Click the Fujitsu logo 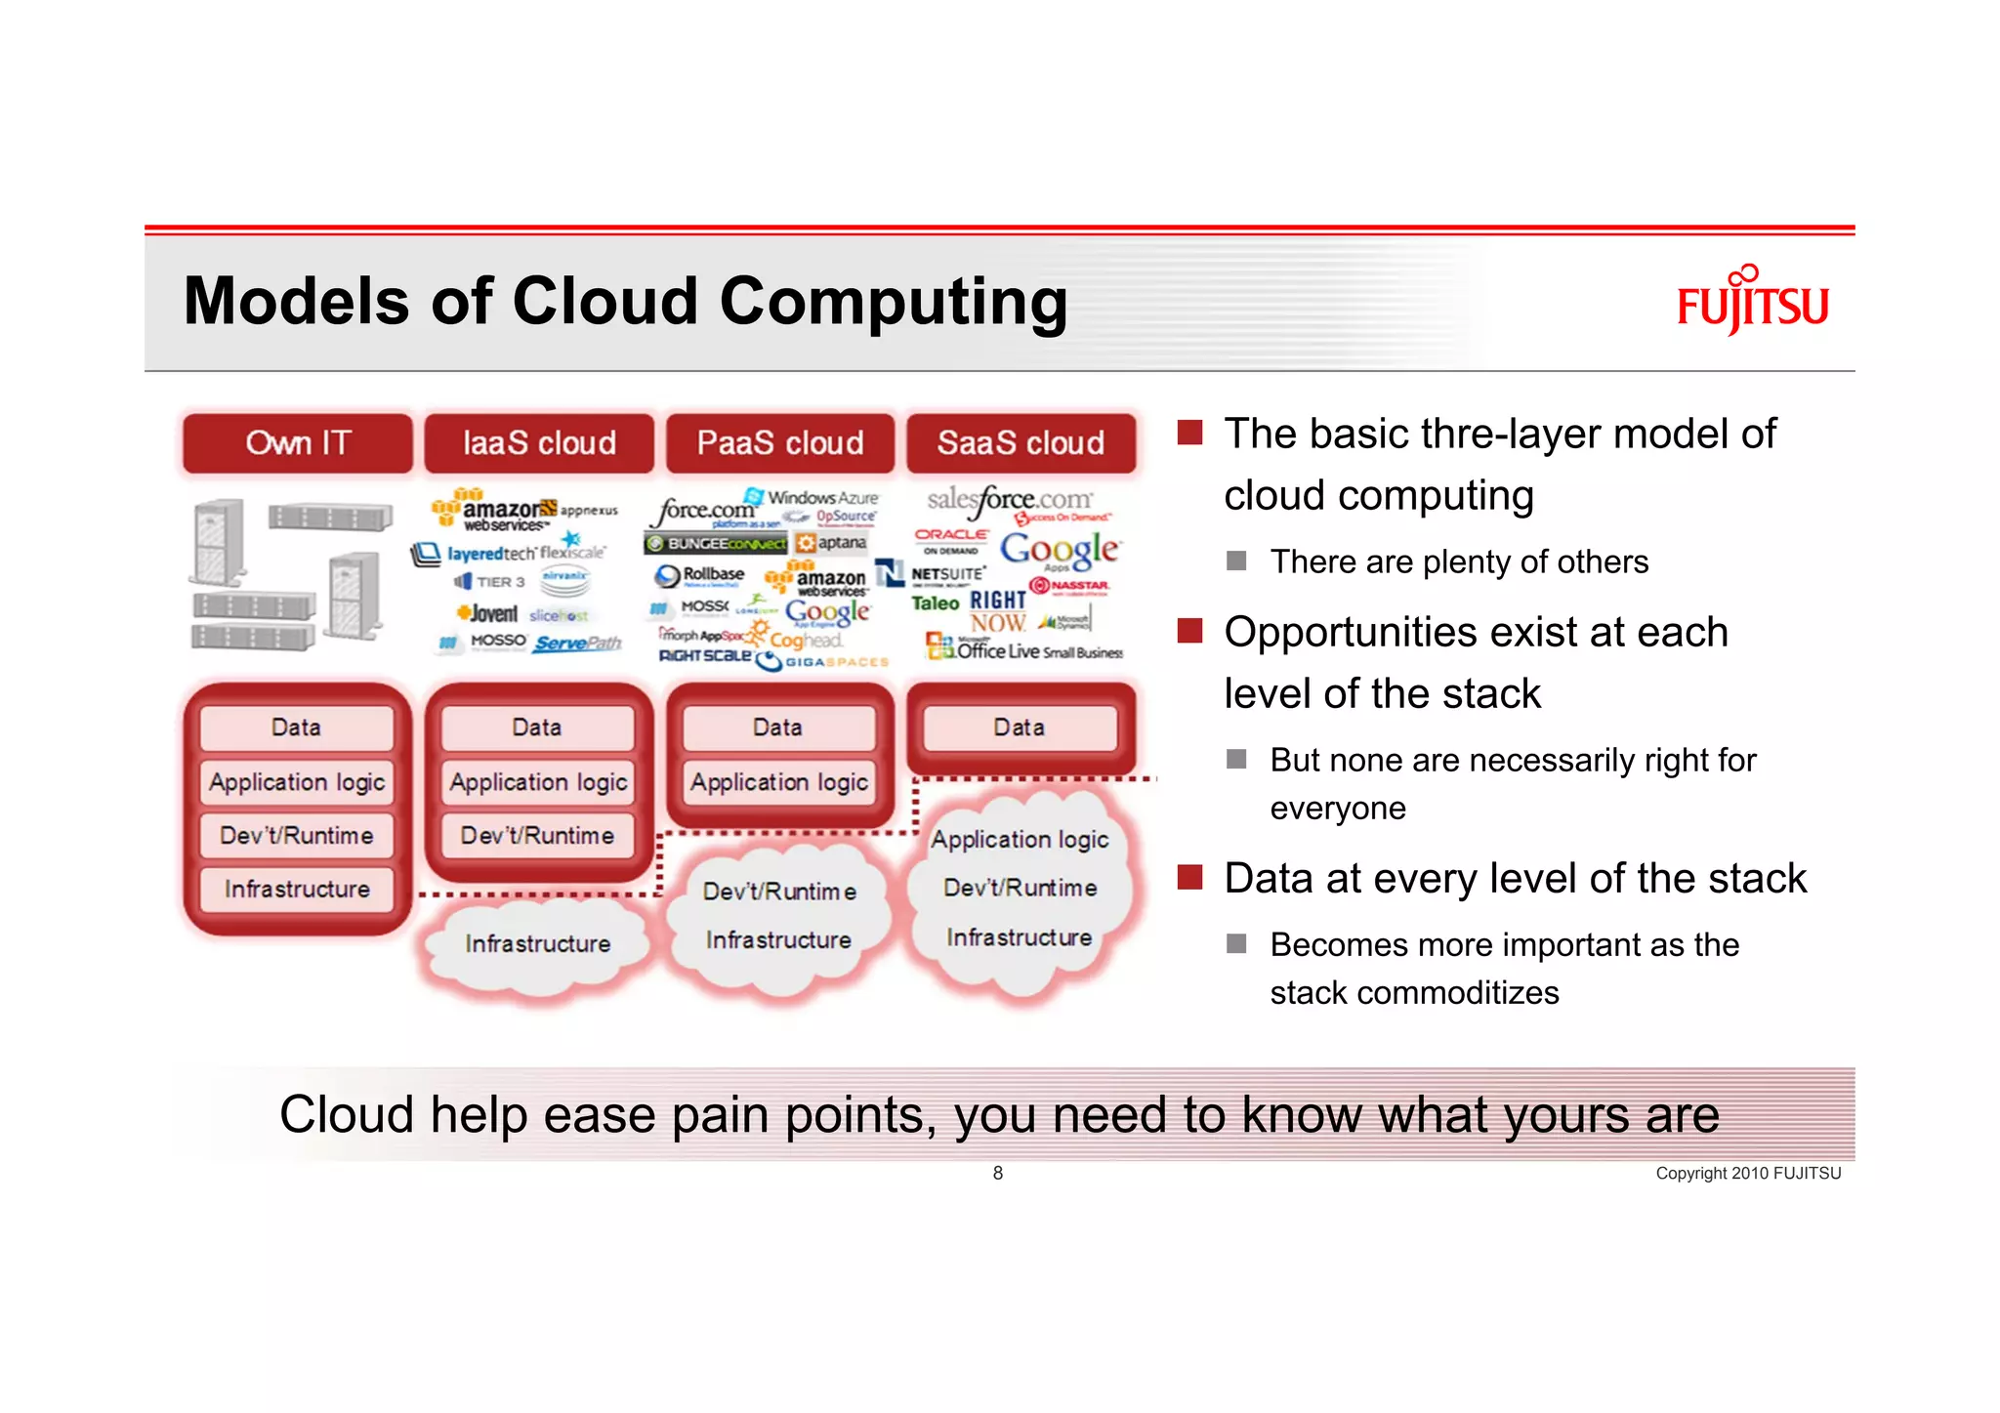pyautogui.click(x=1752, y=302)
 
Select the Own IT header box pyautogui.click(x=298, y=443)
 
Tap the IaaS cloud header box pyautogui.click(x=539, y=443)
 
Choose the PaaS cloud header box pyautogui.click(x=779, y=443)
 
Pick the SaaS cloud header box pyautogui.click(x=1021, y=443)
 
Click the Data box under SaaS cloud pyautogui.click(x=1020, y=727)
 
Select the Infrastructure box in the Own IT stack pyautogui.click(x=297, y=889)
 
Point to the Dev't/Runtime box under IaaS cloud pyautogui.click(x=537, y=836)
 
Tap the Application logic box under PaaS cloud pyautogui.click(x=778, y=782)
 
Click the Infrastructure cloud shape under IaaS pyautogui.click(x=537, y=943)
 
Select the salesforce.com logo pyautogui.click(x=1009, y=502)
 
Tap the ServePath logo pyautogui.click(x=577, y=644)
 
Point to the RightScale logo pyautogui.click(x=705, y=656)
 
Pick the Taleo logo pyautogui.click(x=935, y=603)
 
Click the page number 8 pyautogui.click(x=997, y=1173)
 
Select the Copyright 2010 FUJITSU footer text pyautogui.click(x=1747, y=1173)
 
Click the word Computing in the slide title pyautogui.click(x=893, y=302)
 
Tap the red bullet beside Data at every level pyautogui.click(x=1188, y=877)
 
